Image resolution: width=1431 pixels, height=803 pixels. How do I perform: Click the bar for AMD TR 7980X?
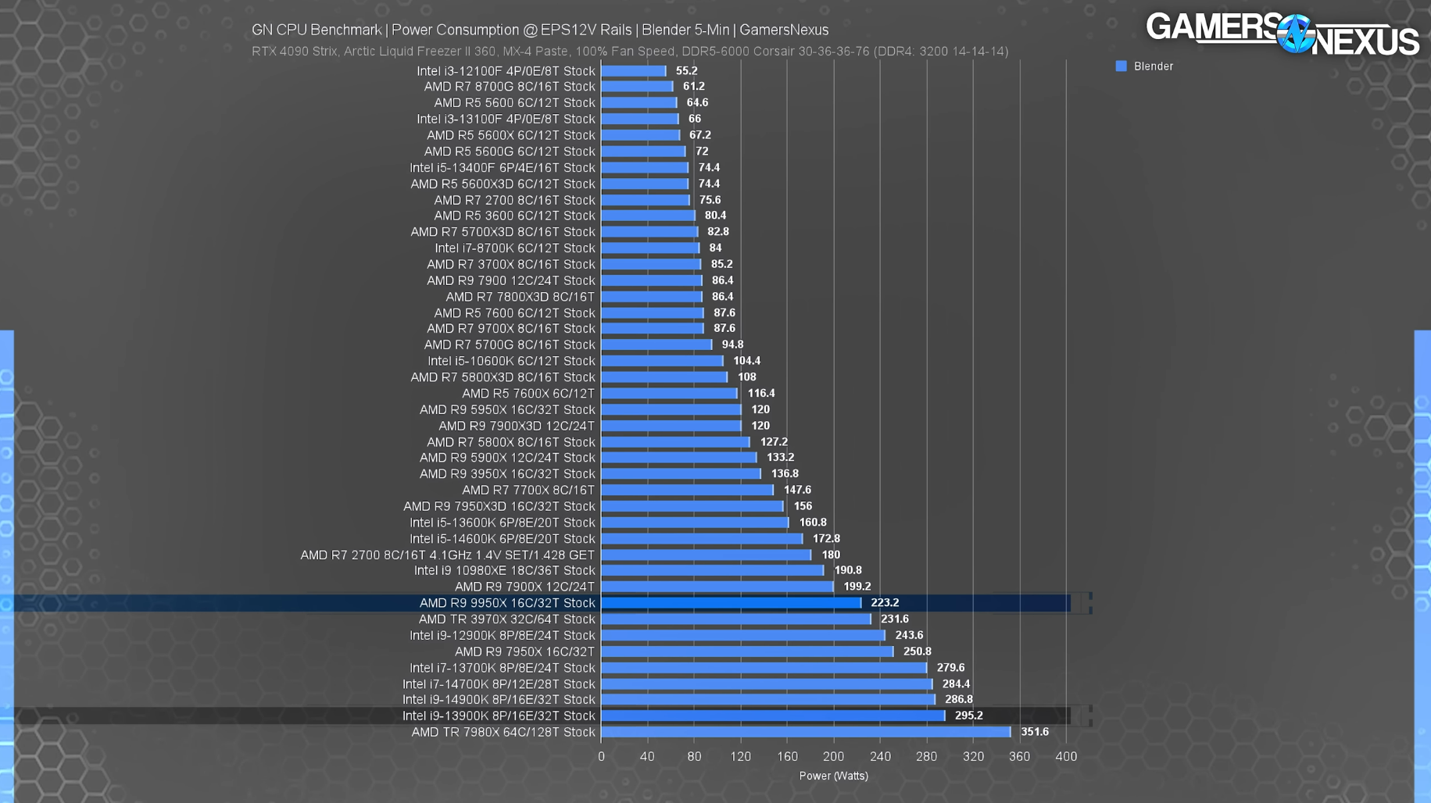(x=805, y=732)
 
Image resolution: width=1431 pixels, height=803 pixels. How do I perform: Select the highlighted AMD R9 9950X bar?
(x=731, y=603)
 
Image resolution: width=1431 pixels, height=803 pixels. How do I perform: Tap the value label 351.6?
(x=1034, y=732)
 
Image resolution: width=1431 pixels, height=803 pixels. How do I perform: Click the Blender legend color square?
(x=1121, y=66)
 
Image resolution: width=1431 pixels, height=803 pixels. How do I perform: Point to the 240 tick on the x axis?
(x=880, y=756)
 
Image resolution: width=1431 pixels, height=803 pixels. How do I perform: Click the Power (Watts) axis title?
(x=833, y=776)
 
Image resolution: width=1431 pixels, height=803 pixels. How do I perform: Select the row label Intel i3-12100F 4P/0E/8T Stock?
(x=506, y=71)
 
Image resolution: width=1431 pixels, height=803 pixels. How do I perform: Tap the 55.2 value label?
(x=686, y=71)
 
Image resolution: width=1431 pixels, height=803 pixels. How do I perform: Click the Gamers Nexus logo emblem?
(x=1295, y=34)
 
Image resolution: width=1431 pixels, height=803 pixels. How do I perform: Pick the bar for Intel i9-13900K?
(x=772, y=716)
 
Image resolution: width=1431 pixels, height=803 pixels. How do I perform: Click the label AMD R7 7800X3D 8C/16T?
(x=520, y=297)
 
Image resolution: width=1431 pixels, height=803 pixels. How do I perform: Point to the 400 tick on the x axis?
(x=1066, y=756)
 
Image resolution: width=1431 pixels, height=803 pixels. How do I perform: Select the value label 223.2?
(x=885, y=603)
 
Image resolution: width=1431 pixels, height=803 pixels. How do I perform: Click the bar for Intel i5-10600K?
(x=662, y=361)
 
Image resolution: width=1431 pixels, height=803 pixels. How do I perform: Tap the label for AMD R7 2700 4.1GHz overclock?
(x=447, y=555)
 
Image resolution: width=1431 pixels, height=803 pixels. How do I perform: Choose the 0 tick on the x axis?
(x=601, y=756)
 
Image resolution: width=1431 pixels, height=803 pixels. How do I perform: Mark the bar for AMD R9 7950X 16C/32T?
(x=746, y=651)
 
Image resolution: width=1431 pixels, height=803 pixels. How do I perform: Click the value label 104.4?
(x=746, y=361)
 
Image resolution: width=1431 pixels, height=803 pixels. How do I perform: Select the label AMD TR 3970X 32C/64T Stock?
(x=506, y=619)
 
